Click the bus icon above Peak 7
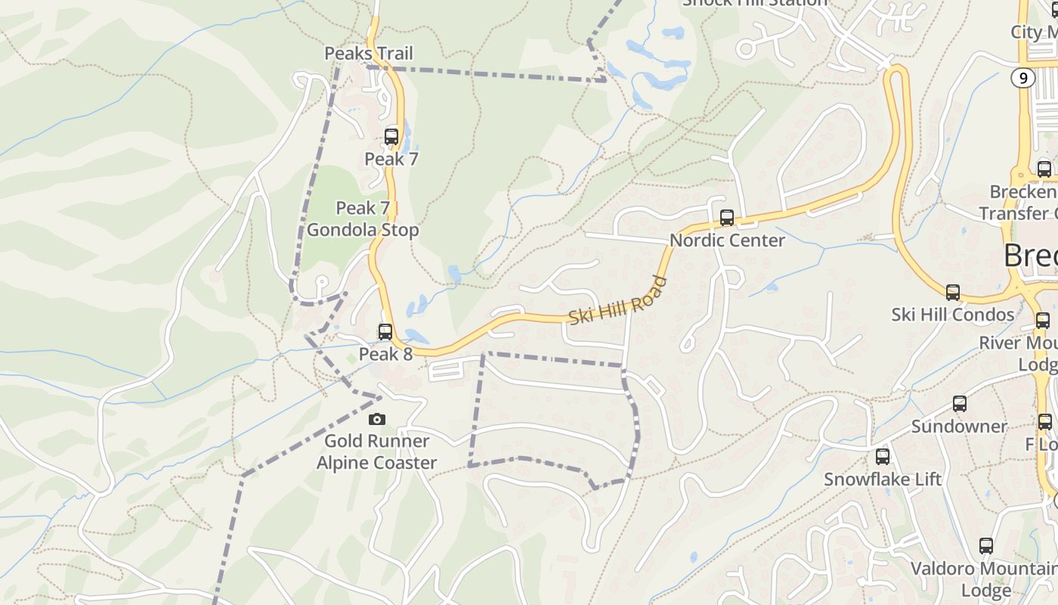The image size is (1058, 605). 391,137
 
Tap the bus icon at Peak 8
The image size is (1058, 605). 385,332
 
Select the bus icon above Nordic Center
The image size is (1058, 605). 727,218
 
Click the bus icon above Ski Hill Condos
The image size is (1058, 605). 953,293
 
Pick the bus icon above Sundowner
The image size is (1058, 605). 960,404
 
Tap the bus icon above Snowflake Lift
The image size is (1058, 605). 883,457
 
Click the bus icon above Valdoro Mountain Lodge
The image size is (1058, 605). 986,546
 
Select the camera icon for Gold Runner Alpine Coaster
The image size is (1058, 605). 376,419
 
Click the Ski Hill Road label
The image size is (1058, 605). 618,301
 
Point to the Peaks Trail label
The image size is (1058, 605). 369,54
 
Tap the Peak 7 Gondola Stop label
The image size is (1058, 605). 363,219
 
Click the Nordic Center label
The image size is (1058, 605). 728,240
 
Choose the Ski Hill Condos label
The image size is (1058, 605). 953,315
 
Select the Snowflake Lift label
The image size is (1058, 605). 883,479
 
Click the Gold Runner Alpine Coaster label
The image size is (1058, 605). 376,452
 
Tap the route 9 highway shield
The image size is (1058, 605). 1023,78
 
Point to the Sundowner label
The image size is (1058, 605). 959,427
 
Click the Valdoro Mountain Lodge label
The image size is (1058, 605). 982,579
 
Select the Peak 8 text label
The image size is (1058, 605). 385,354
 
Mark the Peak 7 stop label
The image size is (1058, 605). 391,160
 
